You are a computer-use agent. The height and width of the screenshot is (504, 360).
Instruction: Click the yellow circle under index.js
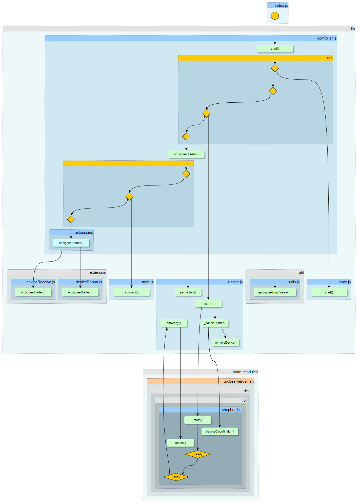click(275, 16)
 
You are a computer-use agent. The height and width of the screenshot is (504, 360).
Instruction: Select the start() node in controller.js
click(275, 49)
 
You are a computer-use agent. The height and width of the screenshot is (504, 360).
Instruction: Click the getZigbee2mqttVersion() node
click(275, 292)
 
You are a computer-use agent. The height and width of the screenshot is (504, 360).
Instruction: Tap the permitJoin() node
click(188, 292)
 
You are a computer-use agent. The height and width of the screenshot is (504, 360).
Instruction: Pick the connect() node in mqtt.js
click(131, 292)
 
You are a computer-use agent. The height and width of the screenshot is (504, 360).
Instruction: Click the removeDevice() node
click(226, 342)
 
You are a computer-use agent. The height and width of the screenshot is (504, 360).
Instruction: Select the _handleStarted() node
click(215, 323)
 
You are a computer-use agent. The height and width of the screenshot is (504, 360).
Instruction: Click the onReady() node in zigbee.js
click(174, 323)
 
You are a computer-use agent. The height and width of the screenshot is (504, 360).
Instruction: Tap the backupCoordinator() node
click(219, 431)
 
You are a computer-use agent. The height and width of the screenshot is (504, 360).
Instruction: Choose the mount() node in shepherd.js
click(180, 443)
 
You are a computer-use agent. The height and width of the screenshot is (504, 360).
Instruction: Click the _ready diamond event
click(198, 454)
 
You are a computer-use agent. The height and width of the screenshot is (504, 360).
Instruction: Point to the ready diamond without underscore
click(176, 477)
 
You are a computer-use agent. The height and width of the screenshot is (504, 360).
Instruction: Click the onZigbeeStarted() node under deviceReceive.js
click(33, 292)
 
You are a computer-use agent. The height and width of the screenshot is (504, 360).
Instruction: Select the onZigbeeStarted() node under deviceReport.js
click(80, 292)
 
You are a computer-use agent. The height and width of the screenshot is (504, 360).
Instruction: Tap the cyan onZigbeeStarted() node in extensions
click(71, 243)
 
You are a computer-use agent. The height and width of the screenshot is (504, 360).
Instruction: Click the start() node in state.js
click(329, 292)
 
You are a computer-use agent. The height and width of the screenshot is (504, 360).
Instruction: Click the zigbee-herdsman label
click(239, 381)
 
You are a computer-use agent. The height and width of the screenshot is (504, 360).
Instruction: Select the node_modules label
click(245, 372)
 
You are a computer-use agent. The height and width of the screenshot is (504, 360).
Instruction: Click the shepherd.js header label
click(231, 409)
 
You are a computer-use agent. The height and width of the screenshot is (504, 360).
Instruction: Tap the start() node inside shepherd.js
click(198, 420)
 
